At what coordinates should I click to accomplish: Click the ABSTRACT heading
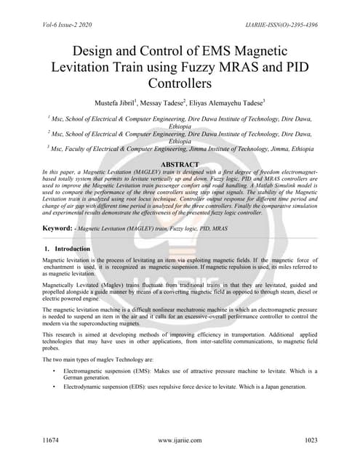click(x=180, y=165)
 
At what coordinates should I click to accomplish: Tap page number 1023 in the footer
click(x=311, y=440)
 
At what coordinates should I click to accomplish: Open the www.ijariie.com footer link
click(x=180, y=440)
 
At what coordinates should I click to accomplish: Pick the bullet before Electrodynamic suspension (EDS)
click(x=56, y=387)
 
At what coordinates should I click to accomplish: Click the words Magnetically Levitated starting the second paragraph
click(x=73, y=287)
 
